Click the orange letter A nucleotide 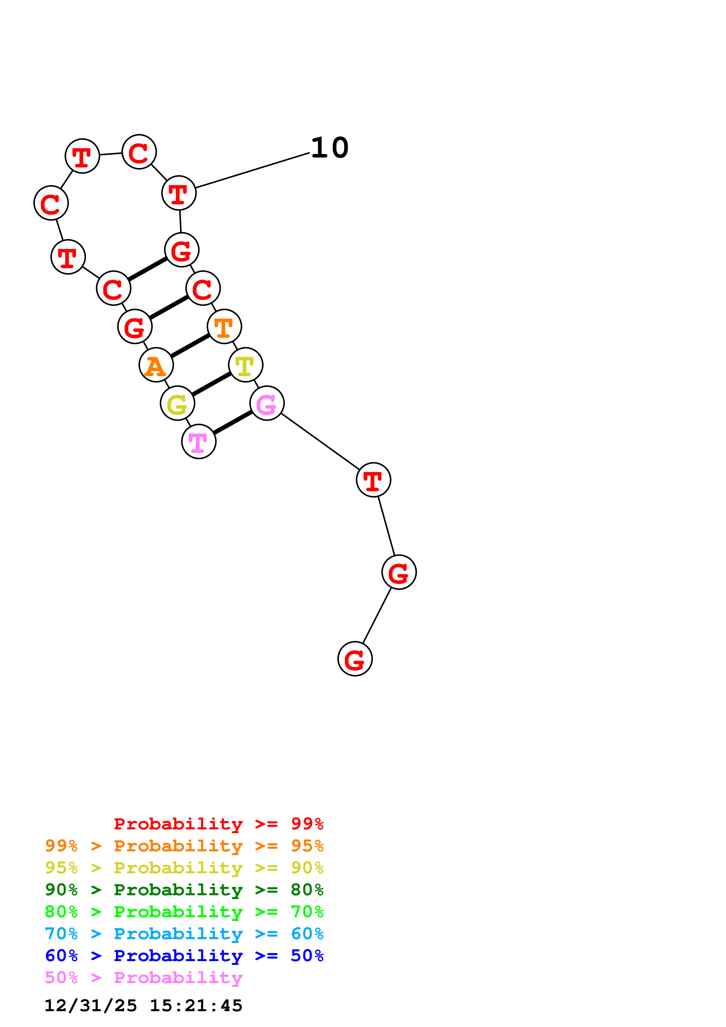click(x=156, y=365)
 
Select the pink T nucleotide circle click(x=199, y=441)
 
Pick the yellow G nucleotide click(x=177, y=403)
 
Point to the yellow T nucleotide click(x=246, y=365)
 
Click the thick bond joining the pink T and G click(x=233, y=422)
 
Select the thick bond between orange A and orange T click(x=190, y=346)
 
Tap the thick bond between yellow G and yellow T click(x=211, y=384)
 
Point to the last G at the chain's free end click(x=355, y=659)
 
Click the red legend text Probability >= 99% click(x=218, y=824)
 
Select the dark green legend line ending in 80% click(x=184, y=890)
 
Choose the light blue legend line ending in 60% click(x=184, y=934)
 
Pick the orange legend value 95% click(x=307, y=846)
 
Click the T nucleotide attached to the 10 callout click(x=179, y=193)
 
